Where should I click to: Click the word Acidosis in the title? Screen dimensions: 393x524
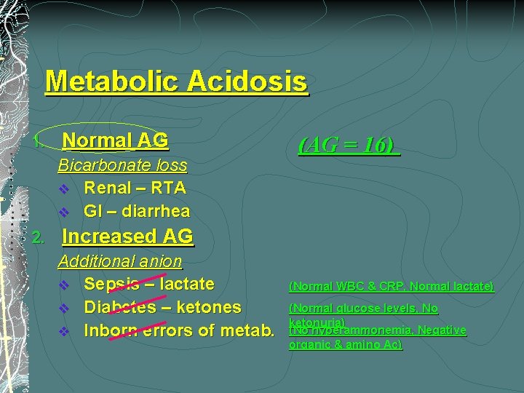pos(247,81)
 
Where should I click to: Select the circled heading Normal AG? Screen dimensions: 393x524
pos(115,140)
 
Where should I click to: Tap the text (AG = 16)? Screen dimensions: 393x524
pos(349,145)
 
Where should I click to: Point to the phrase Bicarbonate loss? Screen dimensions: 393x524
pos(122,165)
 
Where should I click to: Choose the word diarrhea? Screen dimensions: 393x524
pos(156,211)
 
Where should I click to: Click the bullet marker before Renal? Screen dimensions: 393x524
pos(64,188)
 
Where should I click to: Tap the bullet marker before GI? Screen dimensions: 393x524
pos(64,212)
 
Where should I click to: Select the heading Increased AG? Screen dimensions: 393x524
pos(128,237)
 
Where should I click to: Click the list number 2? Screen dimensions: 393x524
pos(39,237)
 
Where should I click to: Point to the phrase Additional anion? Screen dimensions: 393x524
pos(120,261)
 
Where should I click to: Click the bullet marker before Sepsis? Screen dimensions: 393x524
pos(64,284)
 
